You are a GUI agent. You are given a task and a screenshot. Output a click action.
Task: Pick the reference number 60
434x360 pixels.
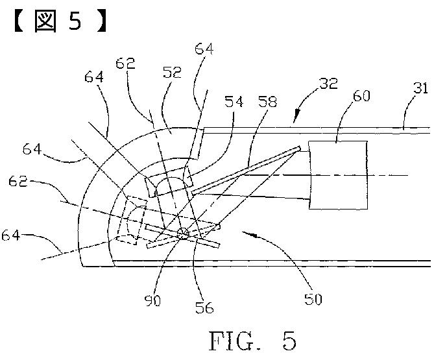click(362, 97)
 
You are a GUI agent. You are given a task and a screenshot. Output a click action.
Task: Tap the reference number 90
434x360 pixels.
click(154, 300)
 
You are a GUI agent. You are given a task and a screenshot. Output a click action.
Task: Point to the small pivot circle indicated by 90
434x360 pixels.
click(183, 232)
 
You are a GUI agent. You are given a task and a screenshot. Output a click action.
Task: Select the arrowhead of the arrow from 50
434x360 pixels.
click(243, 232)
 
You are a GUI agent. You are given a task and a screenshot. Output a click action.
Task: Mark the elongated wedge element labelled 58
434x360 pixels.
click(247, 170)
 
